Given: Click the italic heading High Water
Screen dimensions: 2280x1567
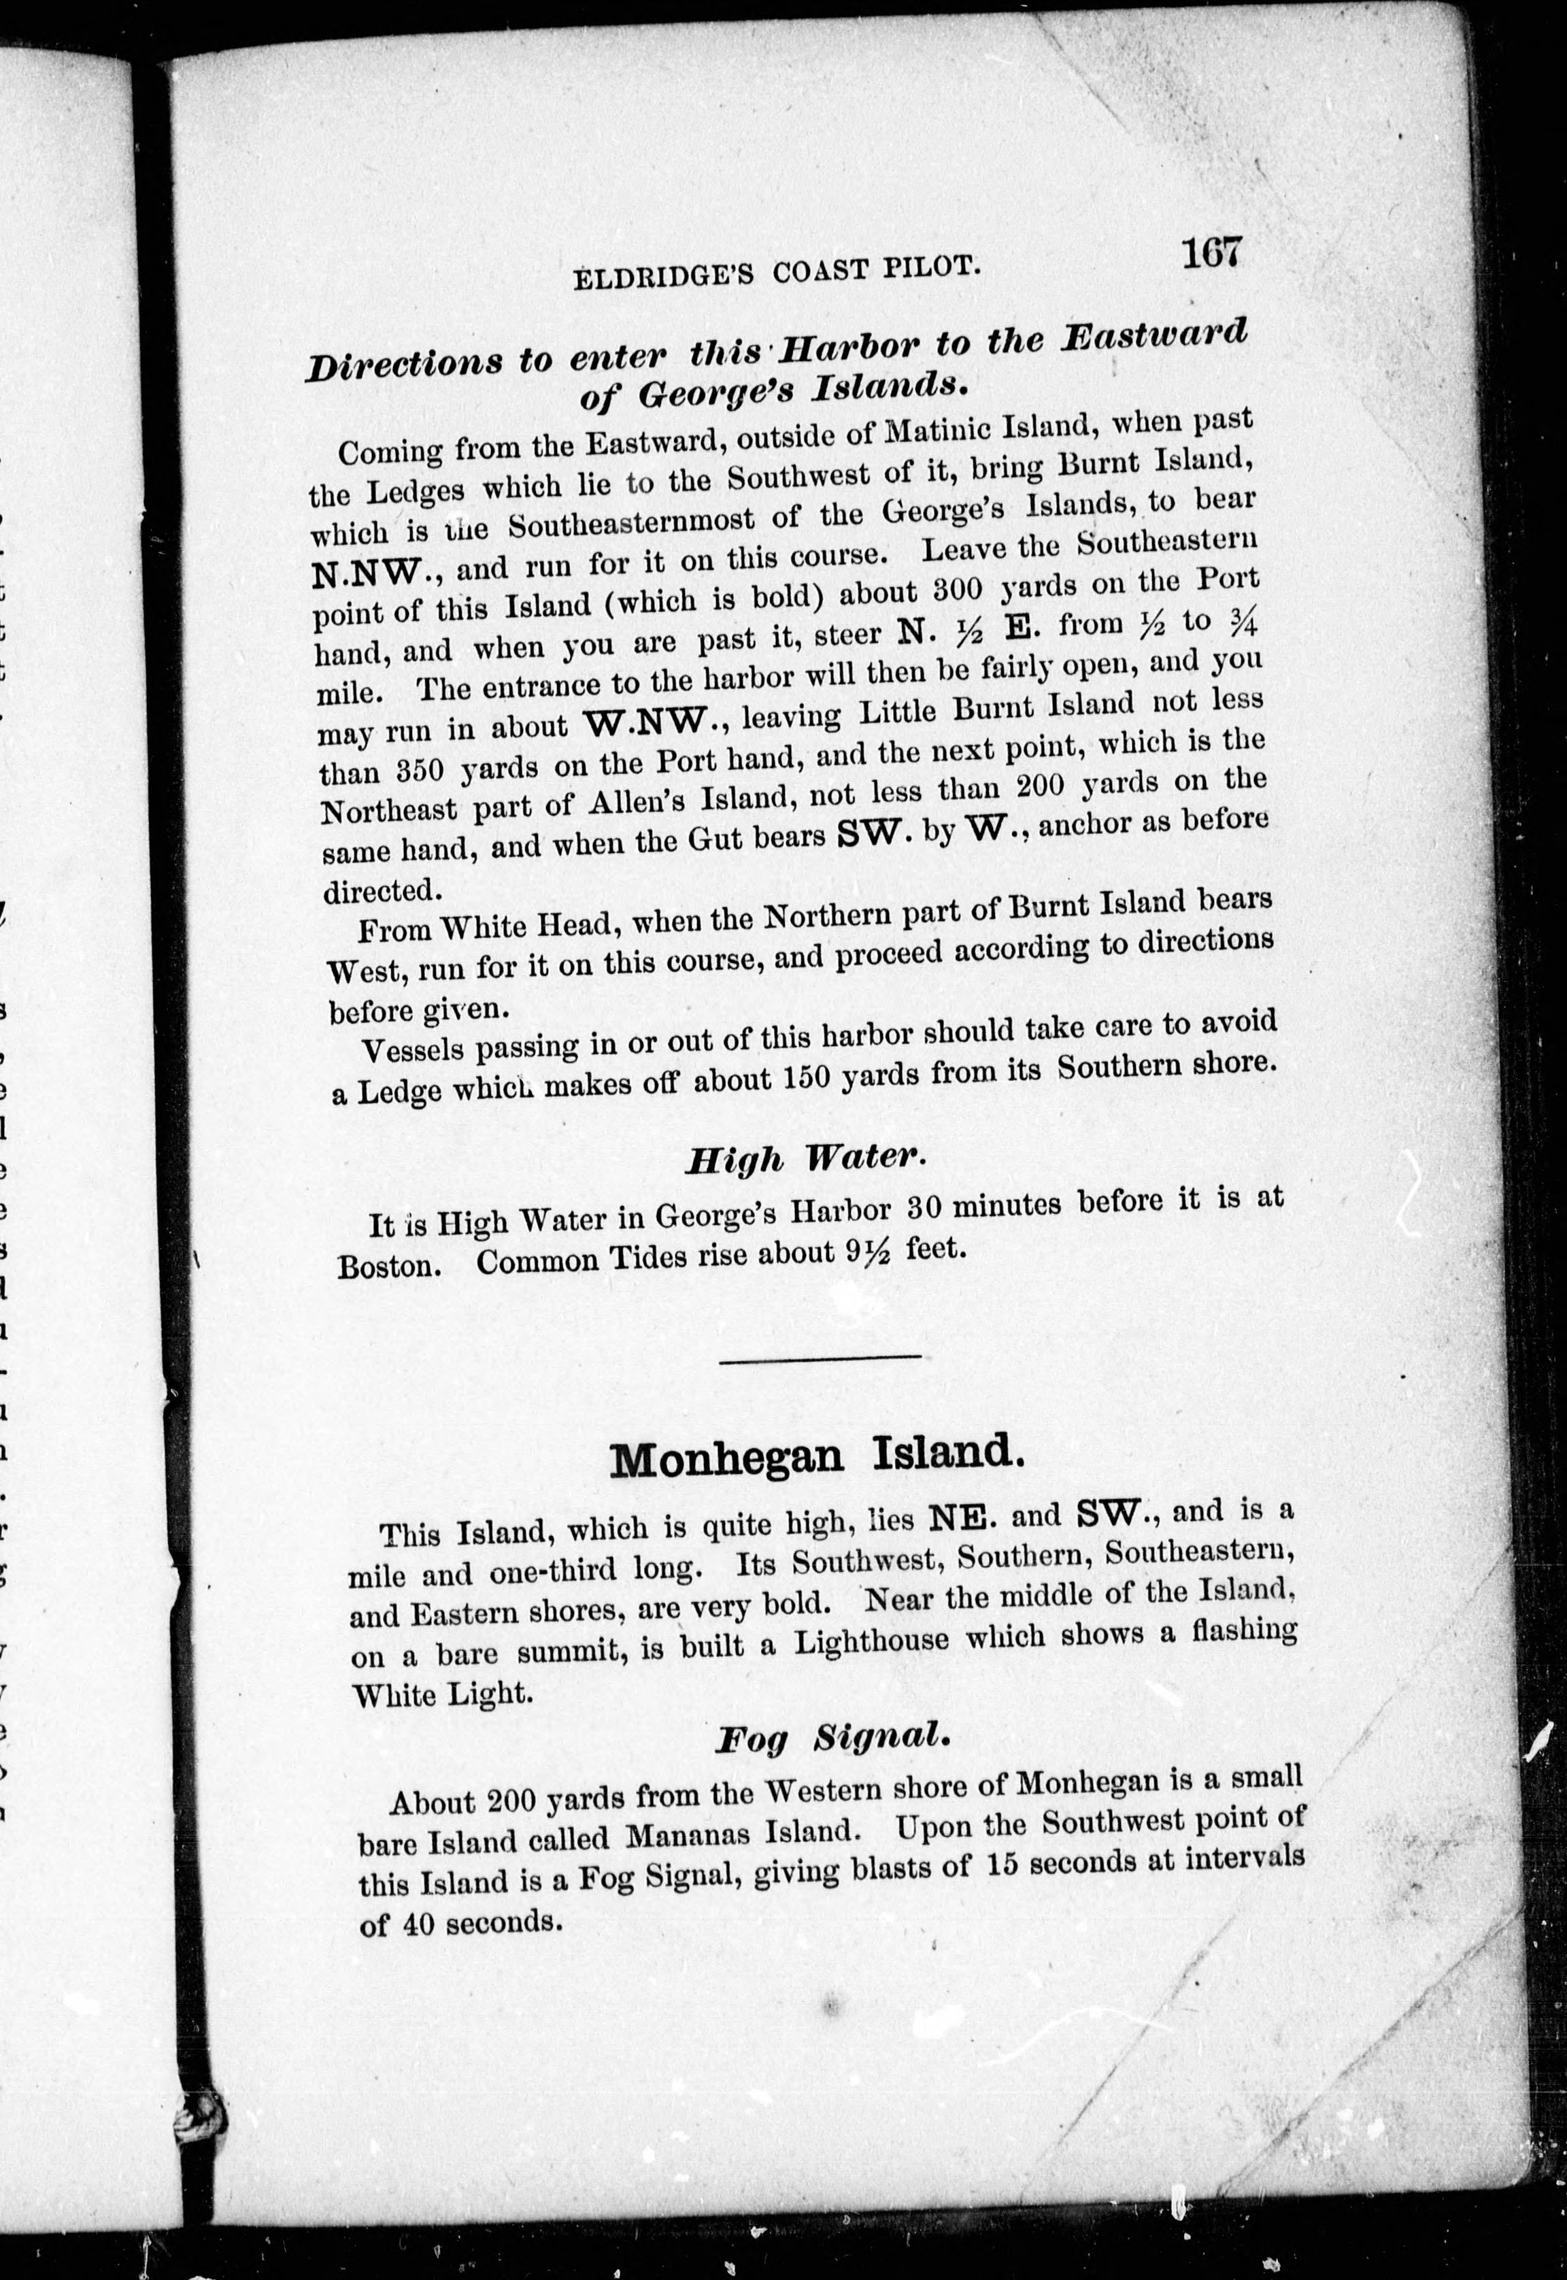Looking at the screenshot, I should click(x=803, y=1158).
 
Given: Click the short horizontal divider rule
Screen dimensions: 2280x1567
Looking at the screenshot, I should click(x=820, y=1358).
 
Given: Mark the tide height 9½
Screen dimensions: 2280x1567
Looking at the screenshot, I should click(x=866, y=1253).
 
